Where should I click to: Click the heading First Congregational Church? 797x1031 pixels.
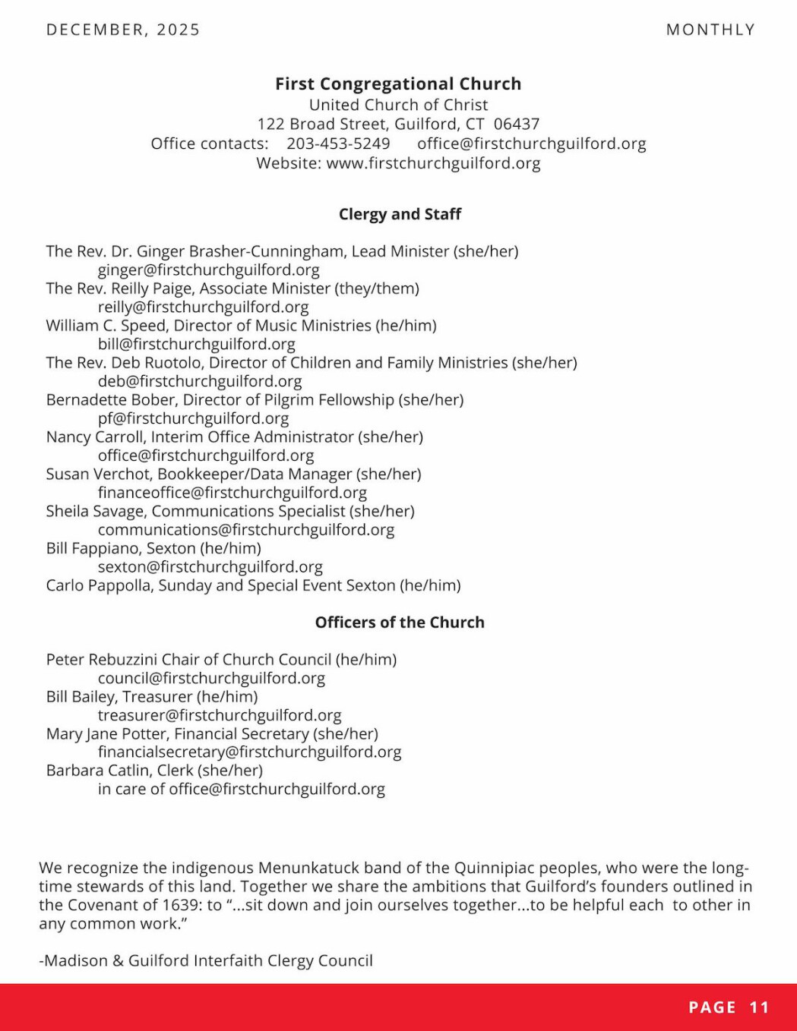[x=398, y=84]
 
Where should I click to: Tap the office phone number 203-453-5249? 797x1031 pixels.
[x=338, y=143]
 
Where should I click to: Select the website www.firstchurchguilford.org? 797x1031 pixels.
[x=433, y=163]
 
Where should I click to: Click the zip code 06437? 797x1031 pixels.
[x=517, y=124]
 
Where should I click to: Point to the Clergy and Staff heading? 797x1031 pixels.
[x=400, y=214]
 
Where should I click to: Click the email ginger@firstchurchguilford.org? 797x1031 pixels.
[x=208, y=270]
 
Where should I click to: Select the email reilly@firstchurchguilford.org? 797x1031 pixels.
[x=203, y=307]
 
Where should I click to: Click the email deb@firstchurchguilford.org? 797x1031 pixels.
[x=200, y=381]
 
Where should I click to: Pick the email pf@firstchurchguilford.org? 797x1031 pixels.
[x=193, y=418]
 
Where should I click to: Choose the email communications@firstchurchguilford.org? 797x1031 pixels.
[x=246, y=530]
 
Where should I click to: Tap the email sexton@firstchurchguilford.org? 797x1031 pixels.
[x=210, y=567]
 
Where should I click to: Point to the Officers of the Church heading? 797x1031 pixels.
[x=400, y=623]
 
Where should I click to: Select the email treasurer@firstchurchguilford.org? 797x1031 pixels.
[x=220, y=715]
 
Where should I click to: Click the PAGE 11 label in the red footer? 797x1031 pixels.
[x=729, y=1007]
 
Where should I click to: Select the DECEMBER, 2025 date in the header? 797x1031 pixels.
[x=123, y=30]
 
